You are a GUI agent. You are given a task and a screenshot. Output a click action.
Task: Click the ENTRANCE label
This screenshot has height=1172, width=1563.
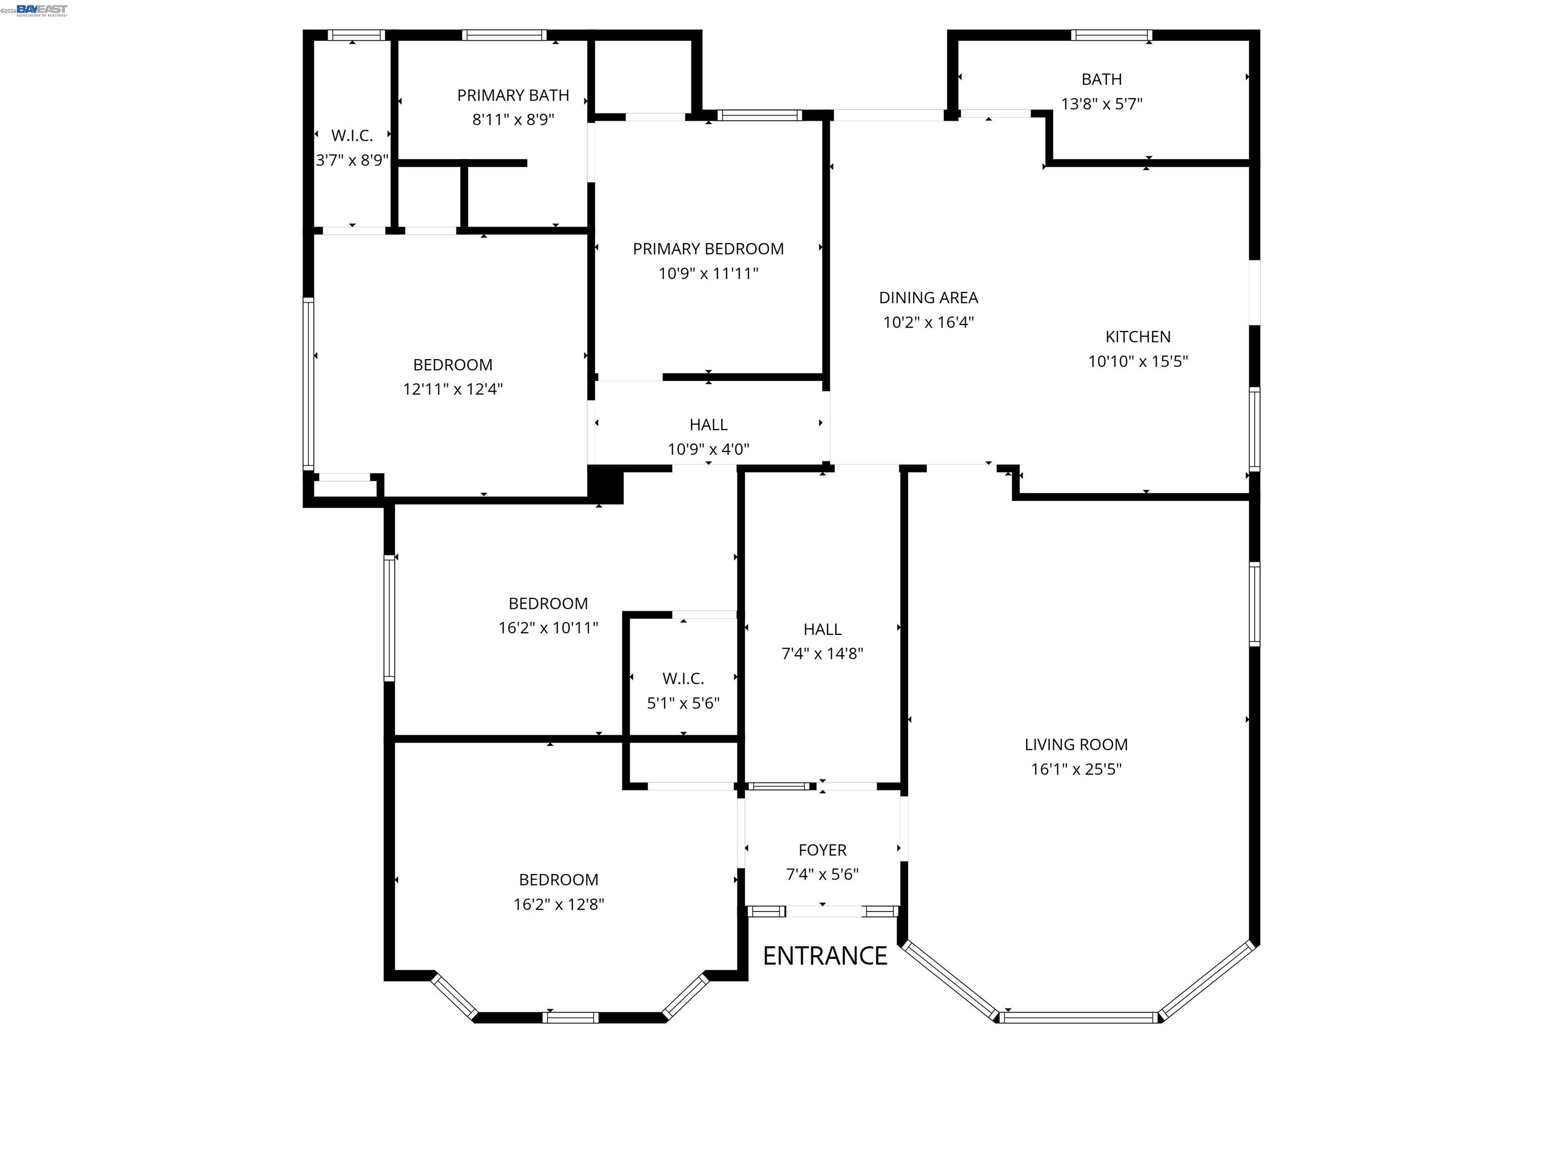click(x=825, y=956)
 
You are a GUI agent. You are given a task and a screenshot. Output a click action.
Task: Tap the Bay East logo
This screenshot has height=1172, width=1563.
click(x=42, y=9)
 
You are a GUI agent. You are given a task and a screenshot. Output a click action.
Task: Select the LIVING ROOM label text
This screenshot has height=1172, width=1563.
click(x=1076, y=745)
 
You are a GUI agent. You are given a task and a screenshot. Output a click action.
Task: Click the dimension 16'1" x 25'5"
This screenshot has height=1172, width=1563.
click(x=1076, y=769)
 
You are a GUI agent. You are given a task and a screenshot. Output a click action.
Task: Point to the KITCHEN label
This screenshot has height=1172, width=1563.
click(x=1138, y=337)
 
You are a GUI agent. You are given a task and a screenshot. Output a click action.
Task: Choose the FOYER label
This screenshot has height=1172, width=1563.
click(x=822, y=850)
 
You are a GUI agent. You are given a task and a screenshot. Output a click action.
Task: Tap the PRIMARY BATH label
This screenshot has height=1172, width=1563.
click(x=513, y=95)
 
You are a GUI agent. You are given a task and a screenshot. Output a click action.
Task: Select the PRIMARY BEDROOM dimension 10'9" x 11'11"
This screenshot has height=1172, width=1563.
click(x=708, y=273)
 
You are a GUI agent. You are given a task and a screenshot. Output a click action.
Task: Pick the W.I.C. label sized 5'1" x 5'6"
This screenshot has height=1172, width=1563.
click(x=683, y=679)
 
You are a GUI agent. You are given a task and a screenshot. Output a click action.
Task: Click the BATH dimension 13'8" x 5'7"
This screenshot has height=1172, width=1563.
click(x=1101, y=104)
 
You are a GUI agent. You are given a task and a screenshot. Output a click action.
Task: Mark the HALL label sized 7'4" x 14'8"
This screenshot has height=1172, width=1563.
click(x=822, y=629)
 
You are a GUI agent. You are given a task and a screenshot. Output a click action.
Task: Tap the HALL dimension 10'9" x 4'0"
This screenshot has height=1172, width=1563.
click(x=708, y=449)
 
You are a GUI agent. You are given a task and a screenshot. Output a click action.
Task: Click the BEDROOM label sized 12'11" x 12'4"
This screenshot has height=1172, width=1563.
click(x=452, y=365)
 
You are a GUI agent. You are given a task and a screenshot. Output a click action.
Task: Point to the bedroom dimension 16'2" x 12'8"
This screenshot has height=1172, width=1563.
click(x=558, y=904)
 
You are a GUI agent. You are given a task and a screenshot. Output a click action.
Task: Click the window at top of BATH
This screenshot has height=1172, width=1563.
click(x=1111, y=35)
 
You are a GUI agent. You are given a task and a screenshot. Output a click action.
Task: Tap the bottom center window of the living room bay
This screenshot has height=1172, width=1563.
click(x=1078, y=1018)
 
